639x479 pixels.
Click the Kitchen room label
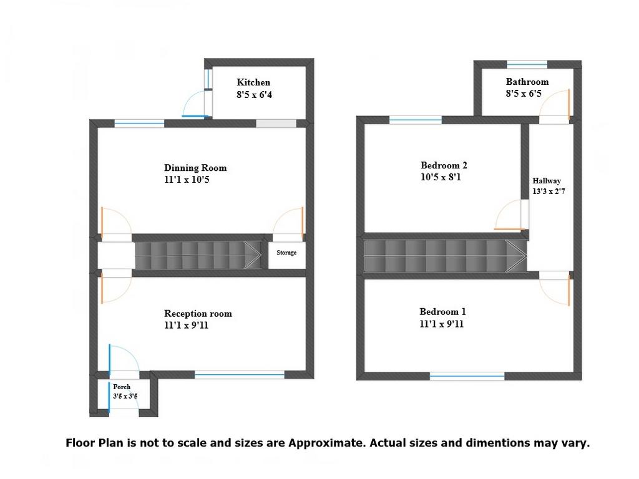pyautogui.click(x=253, y=82)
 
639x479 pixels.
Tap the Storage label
pyautogui.click(x=286, y=253)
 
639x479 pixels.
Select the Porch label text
pyautogui.click(x=122, y=387)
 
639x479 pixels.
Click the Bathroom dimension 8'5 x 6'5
pyautogui.click(x=524, y=94)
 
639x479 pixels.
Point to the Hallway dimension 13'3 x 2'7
pyautogui.click(x=549, y=191)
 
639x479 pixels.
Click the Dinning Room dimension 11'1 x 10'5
pyautogui.click(x=187, y=180)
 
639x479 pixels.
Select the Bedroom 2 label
pyautogui.click(x=444, y=165)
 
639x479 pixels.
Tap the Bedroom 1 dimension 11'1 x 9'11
pyautogui.click(x=442, y=324)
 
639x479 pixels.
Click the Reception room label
pyautogui.click(x=198, y=314)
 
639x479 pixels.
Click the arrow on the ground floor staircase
pyautogui.click(x=253, y=255)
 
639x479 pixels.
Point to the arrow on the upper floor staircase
pyautogui.click(x=516, y=255)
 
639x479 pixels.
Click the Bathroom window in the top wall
pyautogui.click(x=527, y=64)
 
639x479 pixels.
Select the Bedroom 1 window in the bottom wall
pyautogui.click(x=467, y=376)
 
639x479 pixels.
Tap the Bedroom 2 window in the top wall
pyautogui.click(x=415, y=120)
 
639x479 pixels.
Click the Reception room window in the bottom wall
pyautogui.click(x=239, y=375)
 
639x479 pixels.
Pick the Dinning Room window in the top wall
pyautogui.click(x=139, y=123)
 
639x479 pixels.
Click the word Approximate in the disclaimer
pyautogui.click(x=326, y=443)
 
